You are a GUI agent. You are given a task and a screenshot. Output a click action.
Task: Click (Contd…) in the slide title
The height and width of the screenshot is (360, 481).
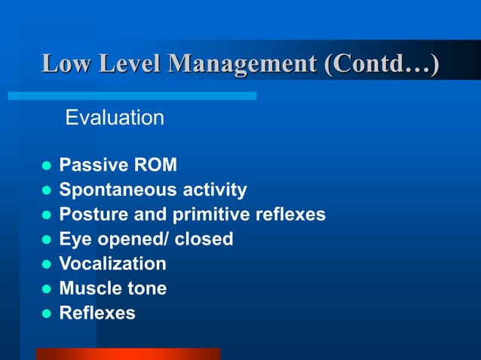pyautogui.click(x=381, y=63)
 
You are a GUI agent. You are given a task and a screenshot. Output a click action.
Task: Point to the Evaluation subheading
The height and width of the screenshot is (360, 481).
pyautogui.click(x=115, y=117)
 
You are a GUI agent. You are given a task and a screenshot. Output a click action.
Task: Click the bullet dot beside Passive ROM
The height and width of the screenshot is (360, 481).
pyautogui.click(x=44, y=166)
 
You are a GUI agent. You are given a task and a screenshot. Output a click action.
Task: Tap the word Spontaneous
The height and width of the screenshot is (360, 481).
pyautogui.click(x=113, y=190)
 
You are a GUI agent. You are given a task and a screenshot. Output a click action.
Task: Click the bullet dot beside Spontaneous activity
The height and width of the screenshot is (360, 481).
pyautogui.click(x=44, y=191)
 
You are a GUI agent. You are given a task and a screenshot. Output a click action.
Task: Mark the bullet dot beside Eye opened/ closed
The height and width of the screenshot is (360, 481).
pyautogui.click(x=44, y=239)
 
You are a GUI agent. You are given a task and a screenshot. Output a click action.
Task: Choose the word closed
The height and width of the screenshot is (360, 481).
pyautogui.click(x=204, y=239)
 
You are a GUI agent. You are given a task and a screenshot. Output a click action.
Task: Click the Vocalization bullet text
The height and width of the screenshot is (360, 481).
pyautogui.click(x=112, y=264)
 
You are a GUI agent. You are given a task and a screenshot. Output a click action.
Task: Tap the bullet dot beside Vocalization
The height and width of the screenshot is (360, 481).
pyautogui.click(x=44, y=264)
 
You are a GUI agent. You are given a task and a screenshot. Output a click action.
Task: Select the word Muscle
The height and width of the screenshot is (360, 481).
pyautogui.click(x=89, y=288)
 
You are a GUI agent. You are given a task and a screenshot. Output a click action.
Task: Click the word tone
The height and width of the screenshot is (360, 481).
pyautogui.click(x=146, y=288)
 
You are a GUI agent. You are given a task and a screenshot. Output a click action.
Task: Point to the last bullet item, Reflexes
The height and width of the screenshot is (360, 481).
pyautogui.click(x=97, y=313)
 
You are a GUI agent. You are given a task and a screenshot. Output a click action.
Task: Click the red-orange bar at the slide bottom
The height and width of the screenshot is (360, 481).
pyautogui.click(x=127, y=354)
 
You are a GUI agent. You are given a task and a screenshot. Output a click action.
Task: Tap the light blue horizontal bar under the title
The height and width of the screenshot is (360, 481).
pyautogui.click(x=132, y=96)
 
